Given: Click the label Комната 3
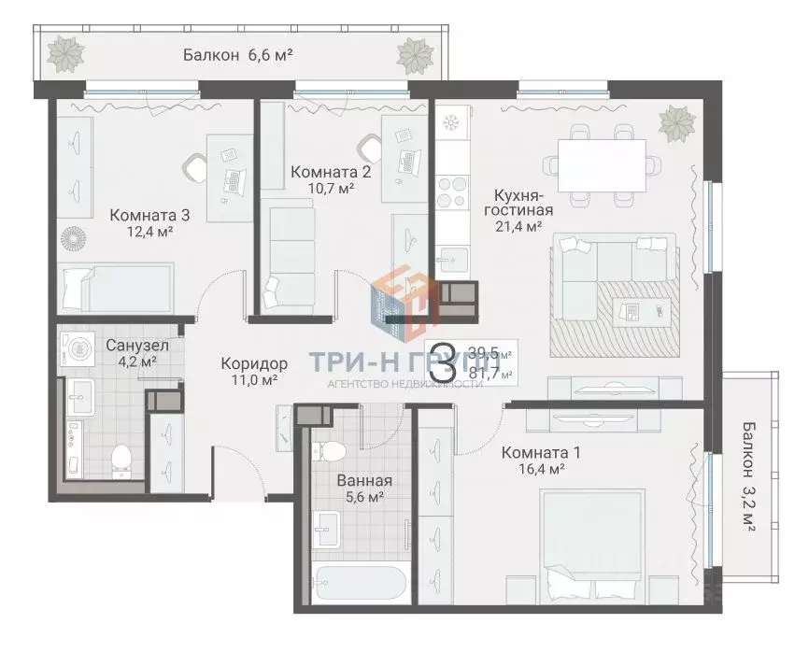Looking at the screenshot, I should [149, 215].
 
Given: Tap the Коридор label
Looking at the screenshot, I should [254, 363].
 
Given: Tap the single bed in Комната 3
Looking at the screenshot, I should [116, 288].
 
